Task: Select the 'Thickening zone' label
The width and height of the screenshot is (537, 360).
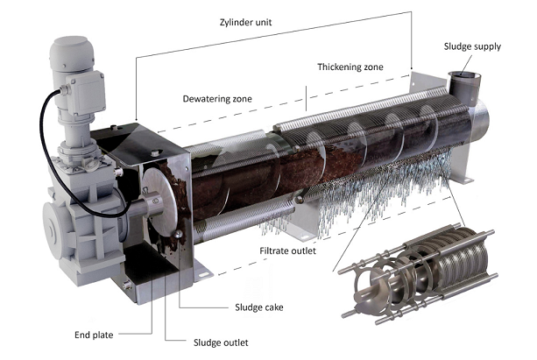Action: tap(349, 68)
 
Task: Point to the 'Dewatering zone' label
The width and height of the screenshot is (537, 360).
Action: tap(217, 99)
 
